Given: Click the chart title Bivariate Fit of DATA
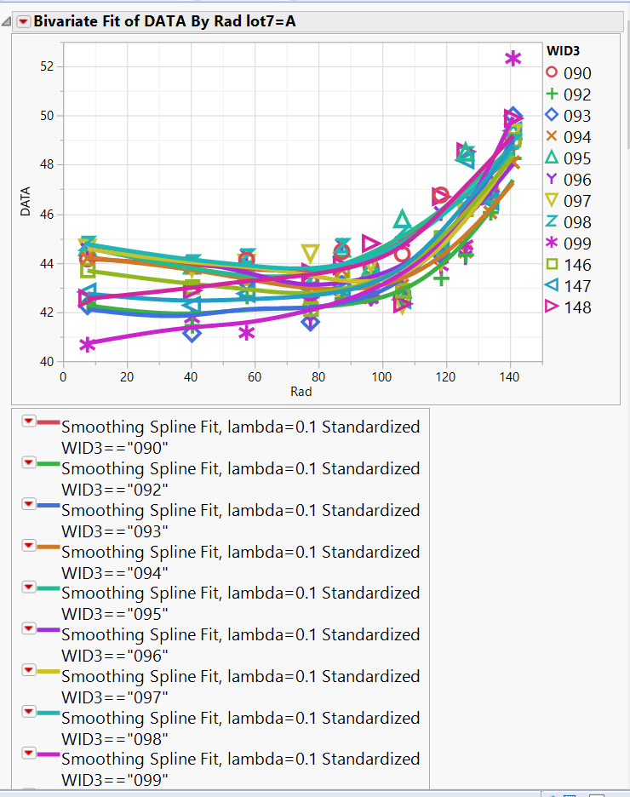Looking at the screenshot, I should coord(166,21).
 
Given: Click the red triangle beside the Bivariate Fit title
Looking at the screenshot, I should coord(23,21).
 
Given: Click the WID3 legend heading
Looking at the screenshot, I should coord(563,51).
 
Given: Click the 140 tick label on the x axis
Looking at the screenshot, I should coord(509,376).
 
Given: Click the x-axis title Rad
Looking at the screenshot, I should coord(301,392).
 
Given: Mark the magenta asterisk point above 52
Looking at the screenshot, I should coord(513,59).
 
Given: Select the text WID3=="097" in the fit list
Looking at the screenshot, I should coord(116,697).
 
